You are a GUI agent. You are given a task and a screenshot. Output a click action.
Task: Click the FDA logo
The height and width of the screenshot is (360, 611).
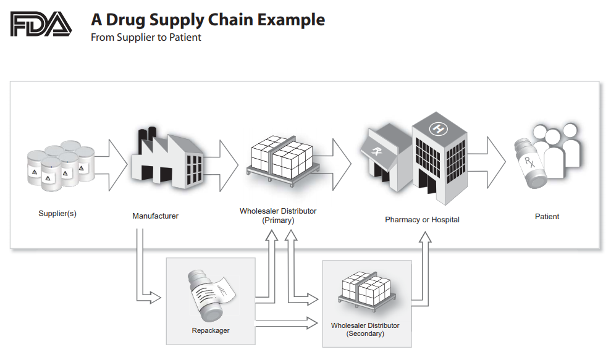pyautogui.click(x=41, y=25)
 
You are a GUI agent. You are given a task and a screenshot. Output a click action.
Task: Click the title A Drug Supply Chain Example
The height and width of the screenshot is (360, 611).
pyautogui.click(x=208, y=20)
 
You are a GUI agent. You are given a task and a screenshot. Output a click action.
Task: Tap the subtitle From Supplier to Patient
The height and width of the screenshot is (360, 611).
pyautogui.click(x=146, y=37)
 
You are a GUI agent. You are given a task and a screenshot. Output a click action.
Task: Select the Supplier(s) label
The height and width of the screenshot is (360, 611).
pyautogui.click(x=57, y=214)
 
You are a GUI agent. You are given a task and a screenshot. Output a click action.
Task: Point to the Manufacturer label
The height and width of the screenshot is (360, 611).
pyautogui.click(x=155, y=216)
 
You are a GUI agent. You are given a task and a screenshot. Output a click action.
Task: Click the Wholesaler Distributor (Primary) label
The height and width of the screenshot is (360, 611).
pyautogui.click(x=278, y=216)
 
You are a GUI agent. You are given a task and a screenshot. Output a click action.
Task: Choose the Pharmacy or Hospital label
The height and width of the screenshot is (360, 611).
pyautogui.click(x=422, y=219)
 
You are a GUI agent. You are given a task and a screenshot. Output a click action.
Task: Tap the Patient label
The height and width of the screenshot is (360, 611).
pyautogui.click(x=547, y=217)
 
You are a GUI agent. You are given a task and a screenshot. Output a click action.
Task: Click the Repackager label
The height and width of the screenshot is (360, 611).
pyautogui.click(x=211, y=330)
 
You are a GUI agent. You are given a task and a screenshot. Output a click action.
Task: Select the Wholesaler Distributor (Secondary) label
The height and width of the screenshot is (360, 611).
pyautogui.click(x=365, y=329)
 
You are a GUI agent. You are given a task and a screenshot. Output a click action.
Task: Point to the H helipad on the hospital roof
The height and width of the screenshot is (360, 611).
pyautogui.click(x=438, y=128)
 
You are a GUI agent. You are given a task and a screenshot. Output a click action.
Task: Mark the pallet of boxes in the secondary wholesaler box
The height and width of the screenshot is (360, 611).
pyautogui.click(x=366, y=290)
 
